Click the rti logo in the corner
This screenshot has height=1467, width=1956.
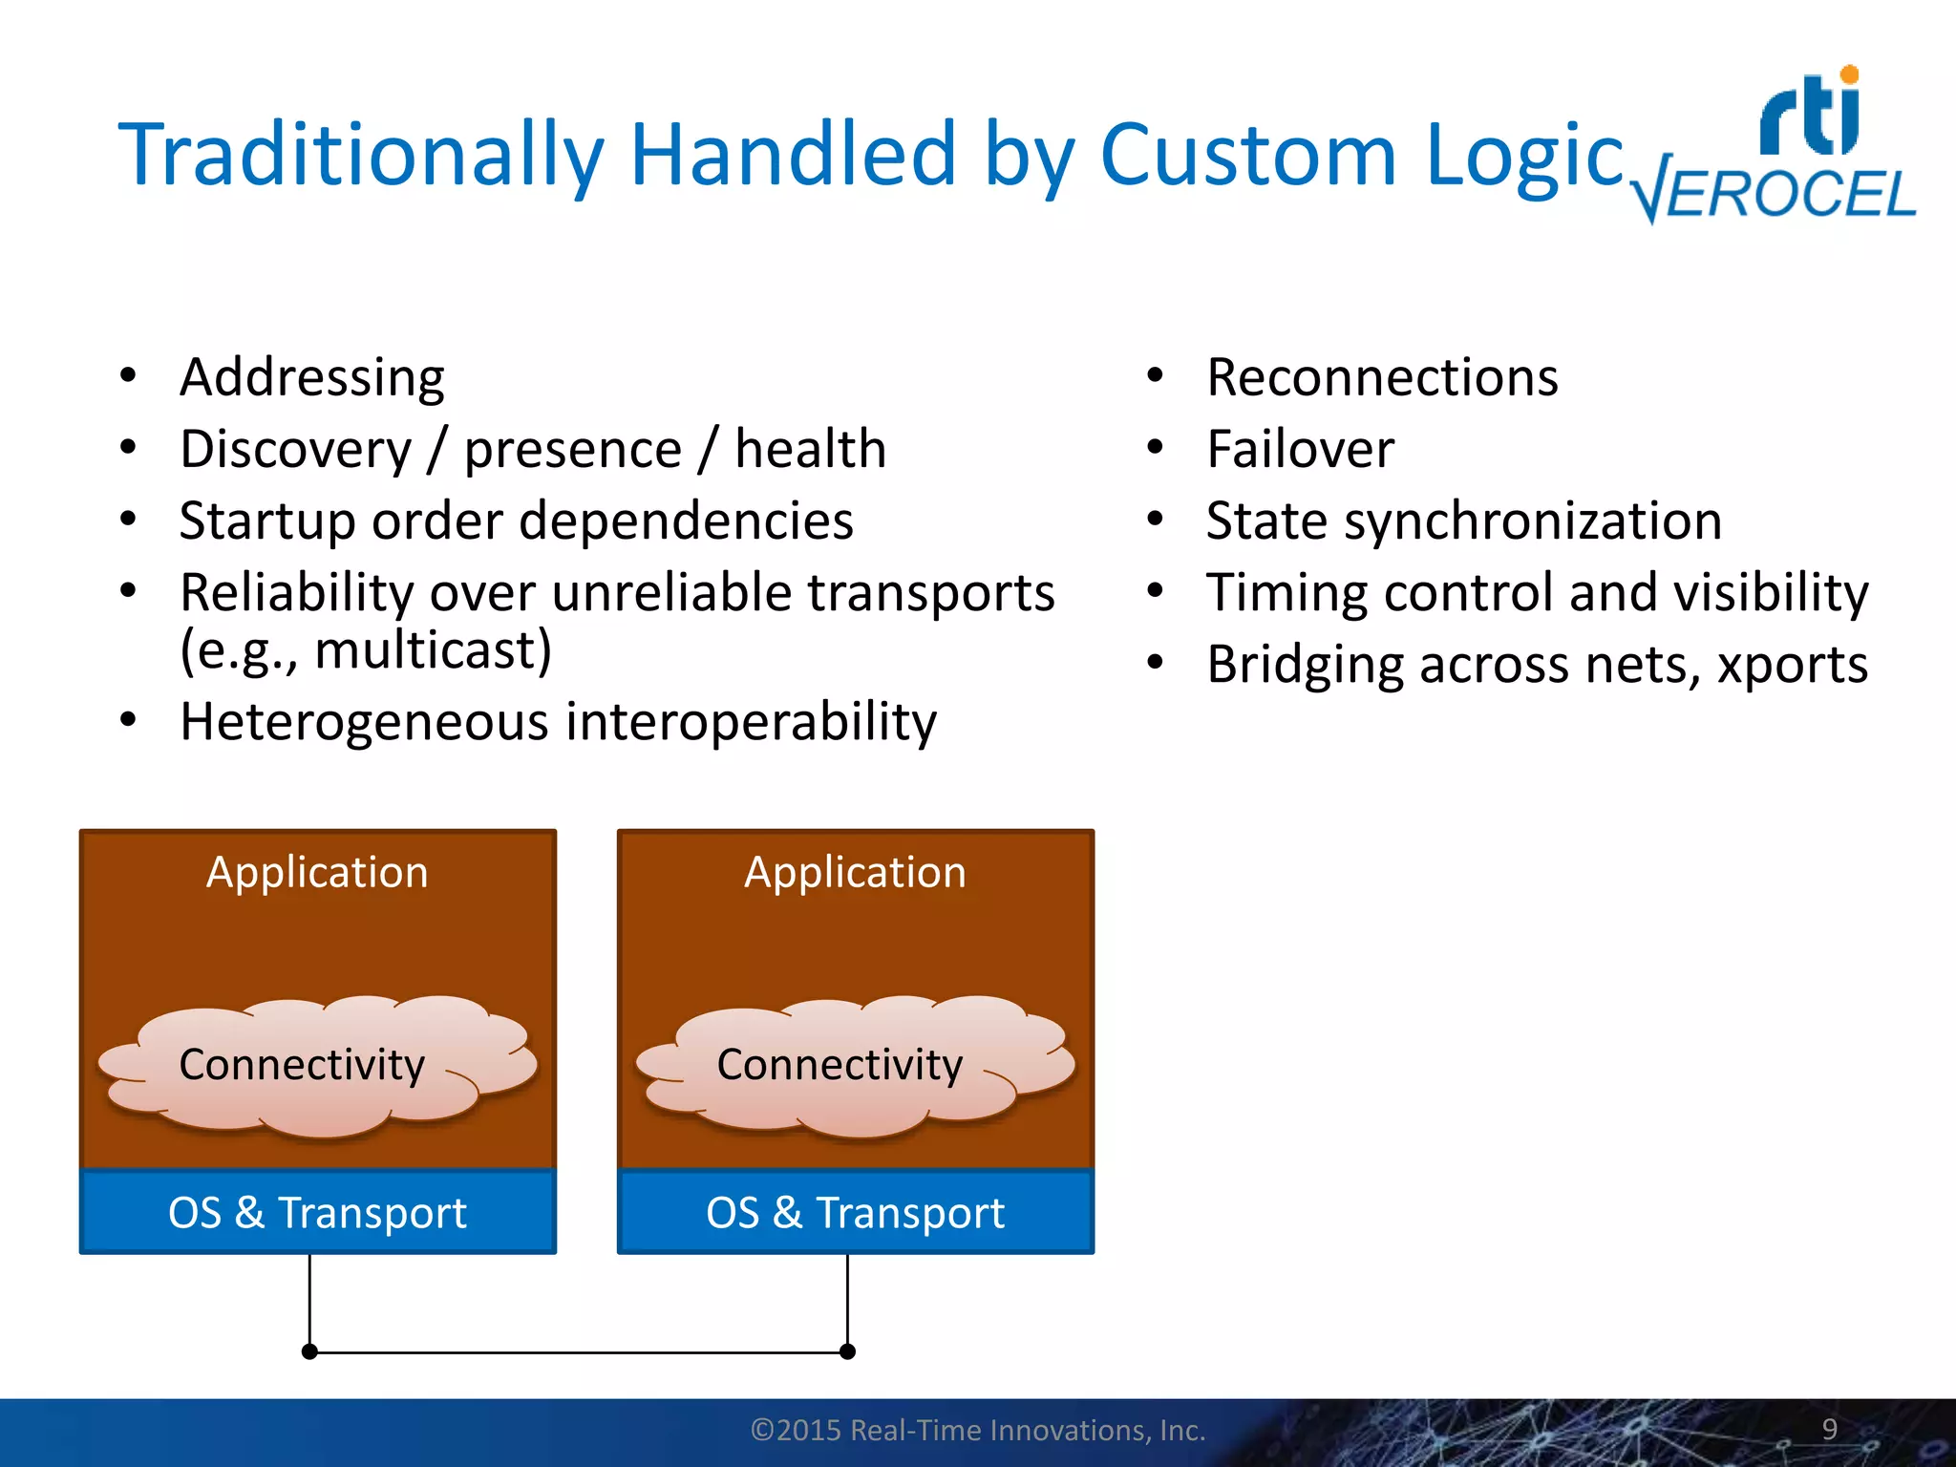pyautogui.click(x=1810, y=113)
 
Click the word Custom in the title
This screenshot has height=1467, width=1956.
pyautogui.click(x=1248, y=155)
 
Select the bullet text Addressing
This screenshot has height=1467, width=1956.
pyautogui.click(x=312, y=377)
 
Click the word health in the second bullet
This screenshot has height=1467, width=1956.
pyautogui.click(x=810, y=449)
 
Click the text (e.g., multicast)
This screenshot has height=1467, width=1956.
pyautogui.click(x=366, y=650)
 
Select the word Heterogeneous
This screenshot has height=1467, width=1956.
pyautogui.click(x=364, y=721)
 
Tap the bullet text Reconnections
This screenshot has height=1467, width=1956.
pyautogui.click(x=1382, y=377)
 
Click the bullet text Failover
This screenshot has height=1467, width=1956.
pyautogui.click(x=1300, y=449)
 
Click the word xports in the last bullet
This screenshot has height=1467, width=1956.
pyautogui.click(x=1792, y=665)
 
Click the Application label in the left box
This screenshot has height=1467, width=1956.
pyautogui.click(x=317, y=872)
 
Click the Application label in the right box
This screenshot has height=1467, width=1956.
pyautogui.click(x=855, y=872)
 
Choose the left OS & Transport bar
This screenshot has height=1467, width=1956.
pyautogui.click(x=317, y=1212)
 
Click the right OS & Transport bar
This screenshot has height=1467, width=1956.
pyautogui.click(x=855, y=1212)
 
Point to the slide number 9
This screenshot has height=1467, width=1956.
pyautogui.click(x=1829, y=1429)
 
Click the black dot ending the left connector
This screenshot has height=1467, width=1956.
pyautogui.click(x=309, y=1351)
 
